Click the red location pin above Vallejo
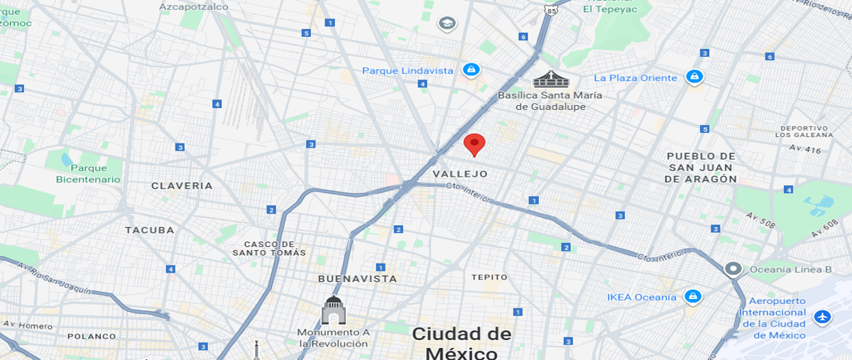(x=474, y=143)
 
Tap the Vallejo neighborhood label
(x=460, y=174)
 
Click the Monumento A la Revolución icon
(x=333, y=310)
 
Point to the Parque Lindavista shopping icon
(x=471, y=70)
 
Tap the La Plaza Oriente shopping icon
(x=694, y=77)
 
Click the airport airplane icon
(x=822, y=316)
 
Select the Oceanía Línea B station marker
(x=733, y=269)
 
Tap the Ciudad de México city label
(x=461, y=343)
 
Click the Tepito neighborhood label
(x=489, y=277)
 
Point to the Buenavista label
(x=357, y=279)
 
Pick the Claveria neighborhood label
(x=182, y=186)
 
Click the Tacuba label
(x=149, y=230)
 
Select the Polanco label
(x=92, y=337)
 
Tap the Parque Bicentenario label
(x=89, y=174)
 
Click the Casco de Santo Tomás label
(x=270, y=248)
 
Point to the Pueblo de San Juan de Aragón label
(x=700, y=168)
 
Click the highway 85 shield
(x=552, y=10)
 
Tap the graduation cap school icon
(x=447, y=24)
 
